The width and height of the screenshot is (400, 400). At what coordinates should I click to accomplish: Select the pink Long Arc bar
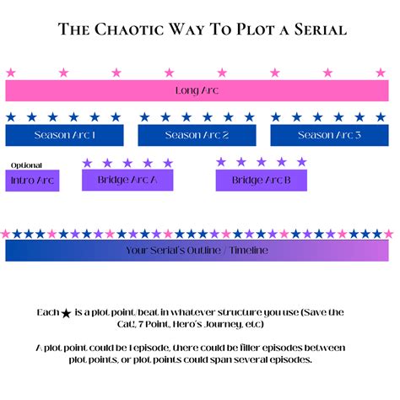[197, 90]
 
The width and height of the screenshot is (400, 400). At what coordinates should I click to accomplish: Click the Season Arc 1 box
[64, 135]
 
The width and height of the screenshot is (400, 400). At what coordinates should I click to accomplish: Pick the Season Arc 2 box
[197, 135]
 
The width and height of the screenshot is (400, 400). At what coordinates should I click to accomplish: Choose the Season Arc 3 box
[329, 135]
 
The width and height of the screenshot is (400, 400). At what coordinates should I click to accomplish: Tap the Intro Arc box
[32, 180]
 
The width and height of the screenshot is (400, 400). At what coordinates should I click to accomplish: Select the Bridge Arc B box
[261, 180]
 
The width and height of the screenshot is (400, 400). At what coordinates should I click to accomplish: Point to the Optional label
[26, 165]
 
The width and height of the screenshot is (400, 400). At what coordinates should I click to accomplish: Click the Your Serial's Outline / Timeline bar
[197, 250]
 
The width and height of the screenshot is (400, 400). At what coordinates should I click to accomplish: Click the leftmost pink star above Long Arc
[10, 73]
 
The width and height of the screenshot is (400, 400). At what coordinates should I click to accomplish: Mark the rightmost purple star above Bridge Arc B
[301, 162]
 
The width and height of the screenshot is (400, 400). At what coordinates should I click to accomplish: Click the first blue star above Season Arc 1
[11, 117]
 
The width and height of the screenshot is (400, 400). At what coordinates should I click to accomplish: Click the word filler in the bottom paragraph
[250, 347]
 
